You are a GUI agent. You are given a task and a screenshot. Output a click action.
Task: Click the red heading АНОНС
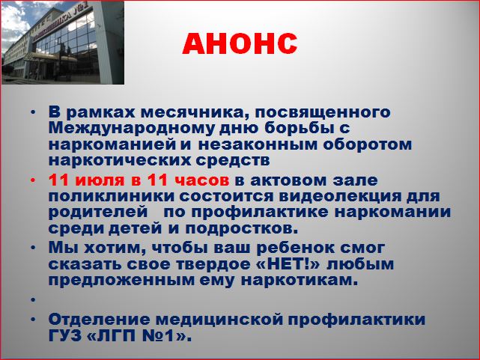point(240,43)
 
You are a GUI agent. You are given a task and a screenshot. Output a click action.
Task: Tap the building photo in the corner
point(63,43)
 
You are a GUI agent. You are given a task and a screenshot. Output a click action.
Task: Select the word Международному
point(131,128)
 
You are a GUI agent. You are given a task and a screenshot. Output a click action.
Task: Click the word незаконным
point(258,144)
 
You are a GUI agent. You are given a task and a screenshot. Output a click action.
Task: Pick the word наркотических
point(119,160)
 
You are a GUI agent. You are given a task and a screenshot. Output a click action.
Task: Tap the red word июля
point(100,180)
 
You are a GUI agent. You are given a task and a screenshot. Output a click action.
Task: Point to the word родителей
point(98,212)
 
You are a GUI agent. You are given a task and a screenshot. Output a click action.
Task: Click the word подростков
point(242,228)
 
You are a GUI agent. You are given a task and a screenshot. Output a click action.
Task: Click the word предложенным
point(121,280)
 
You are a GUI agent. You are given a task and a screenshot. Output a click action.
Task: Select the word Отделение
point(99,320)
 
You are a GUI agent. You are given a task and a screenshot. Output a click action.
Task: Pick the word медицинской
point(219,320)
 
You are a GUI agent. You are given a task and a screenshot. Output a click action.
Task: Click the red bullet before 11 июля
point(33,181)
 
